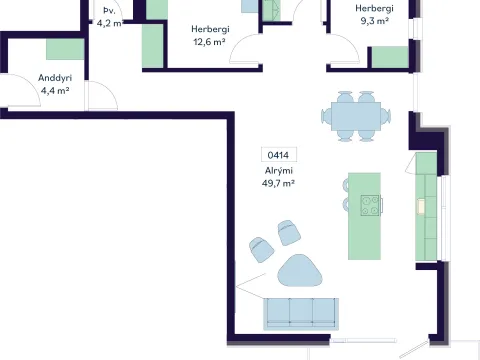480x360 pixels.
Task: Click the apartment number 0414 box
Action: tap(278, 155)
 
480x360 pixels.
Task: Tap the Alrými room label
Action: tap(279, 171)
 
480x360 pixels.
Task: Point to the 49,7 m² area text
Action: tap(278, 183)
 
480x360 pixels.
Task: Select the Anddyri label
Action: tap(55, 78)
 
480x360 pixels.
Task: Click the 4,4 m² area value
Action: tap(55, 91)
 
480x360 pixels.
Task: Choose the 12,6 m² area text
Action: tap(209, 42)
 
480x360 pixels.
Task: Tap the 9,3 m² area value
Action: tap(374, 21)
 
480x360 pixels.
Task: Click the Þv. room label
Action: tap(109, 11)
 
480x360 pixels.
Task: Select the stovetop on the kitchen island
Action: tap(370, 205)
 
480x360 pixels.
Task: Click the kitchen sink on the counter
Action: tap(421, 206)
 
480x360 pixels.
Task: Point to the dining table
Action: tap(356, 116)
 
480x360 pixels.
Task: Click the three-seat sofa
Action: tap(301, 314)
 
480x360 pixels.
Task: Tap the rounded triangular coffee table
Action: tap(300, 271)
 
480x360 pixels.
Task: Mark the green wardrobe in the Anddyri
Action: tap(65, 49)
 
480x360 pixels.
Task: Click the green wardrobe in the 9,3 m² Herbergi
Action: tap(390, 57)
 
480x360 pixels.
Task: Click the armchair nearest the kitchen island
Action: tap(289, 232)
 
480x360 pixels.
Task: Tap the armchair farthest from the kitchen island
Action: tap(261, 249)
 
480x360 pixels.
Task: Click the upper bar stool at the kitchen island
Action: tap(346, 185)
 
